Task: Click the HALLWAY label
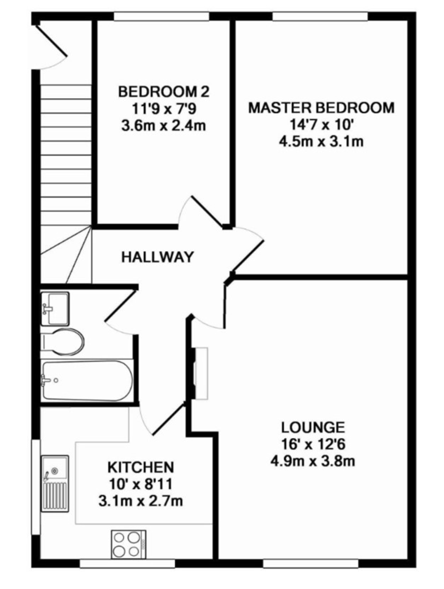[157, 257]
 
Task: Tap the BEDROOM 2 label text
[164, 92]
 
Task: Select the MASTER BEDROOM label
[321, 108]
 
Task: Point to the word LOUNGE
[313, 428]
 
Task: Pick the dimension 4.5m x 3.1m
[321, 141]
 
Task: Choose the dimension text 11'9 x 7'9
[164, 108]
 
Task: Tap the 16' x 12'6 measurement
[313, 444]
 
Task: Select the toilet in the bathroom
[62, 342]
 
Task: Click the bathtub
[87, 381]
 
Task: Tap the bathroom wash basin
[55, 309]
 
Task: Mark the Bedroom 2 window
[162, 16]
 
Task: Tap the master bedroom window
[320, 16]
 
